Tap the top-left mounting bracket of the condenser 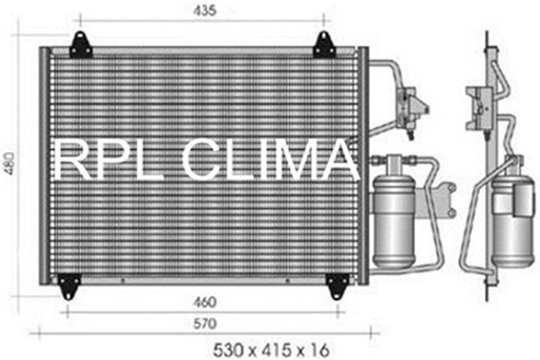point(80,43)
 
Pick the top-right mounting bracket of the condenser point(324,43)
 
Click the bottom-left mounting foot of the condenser point(68,285)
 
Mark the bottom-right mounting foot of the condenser point(336,285)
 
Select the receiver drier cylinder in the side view point(514,216)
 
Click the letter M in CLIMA point(301,162)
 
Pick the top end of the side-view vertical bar point(487,37)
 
